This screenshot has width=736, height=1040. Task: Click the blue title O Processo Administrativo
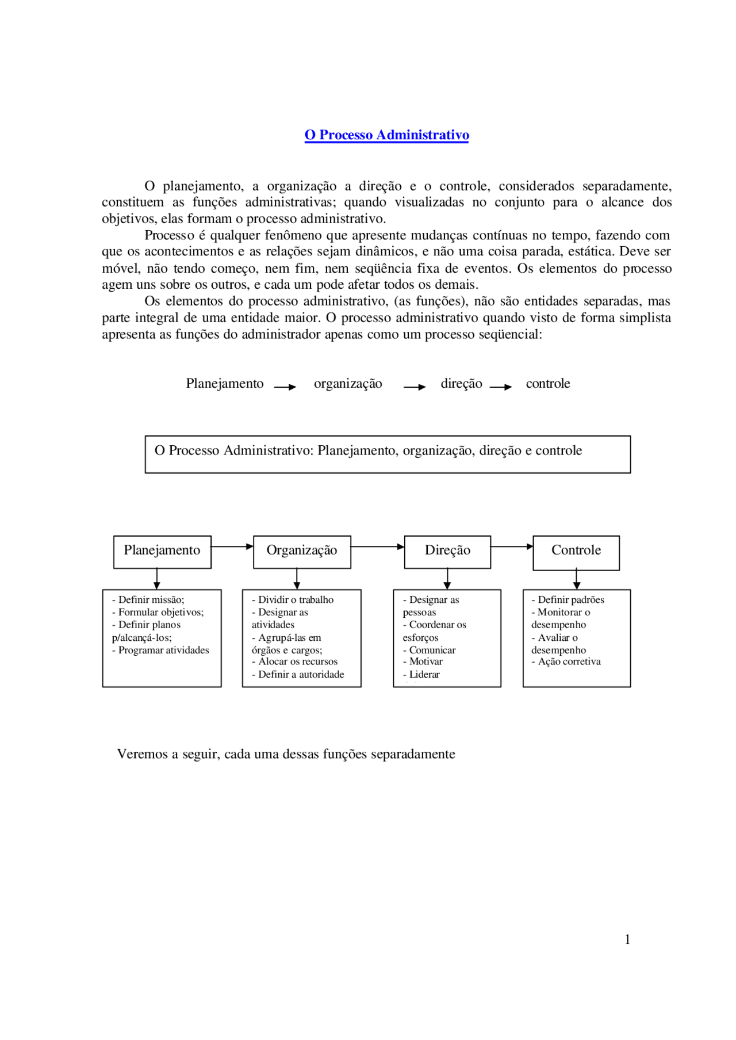point(386,135)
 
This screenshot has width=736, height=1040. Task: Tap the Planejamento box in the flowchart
point(162,551)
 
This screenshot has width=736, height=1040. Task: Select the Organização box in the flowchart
point(302,551)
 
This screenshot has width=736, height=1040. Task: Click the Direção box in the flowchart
point(447,551)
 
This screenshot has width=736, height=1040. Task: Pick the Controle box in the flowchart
point(576,551)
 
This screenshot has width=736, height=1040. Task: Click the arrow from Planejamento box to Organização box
point(232,546)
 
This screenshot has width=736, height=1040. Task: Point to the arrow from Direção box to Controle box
point(512,546)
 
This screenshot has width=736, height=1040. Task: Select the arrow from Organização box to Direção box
point(378,546)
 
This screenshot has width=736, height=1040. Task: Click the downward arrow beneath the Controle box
point(577,579)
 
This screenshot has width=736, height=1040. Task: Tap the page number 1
point(627,939)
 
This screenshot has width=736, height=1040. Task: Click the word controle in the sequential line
point(547,384)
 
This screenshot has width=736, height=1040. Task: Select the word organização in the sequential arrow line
point(348,384)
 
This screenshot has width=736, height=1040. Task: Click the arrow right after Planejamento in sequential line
point(285,387)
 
